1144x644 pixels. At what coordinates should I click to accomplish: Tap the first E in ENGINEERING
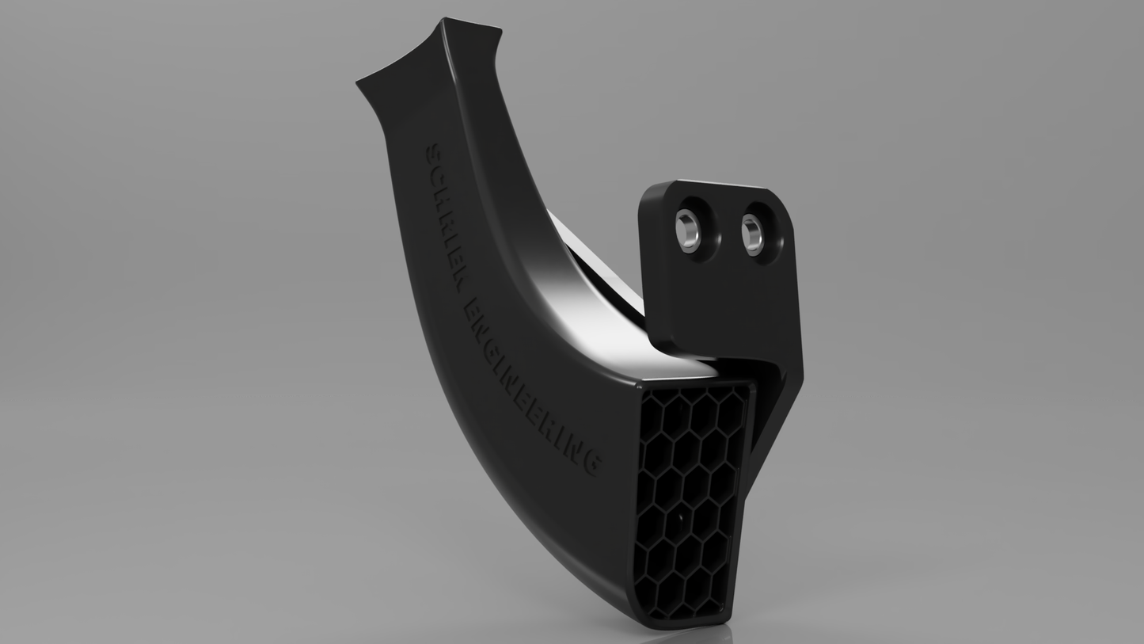tap(475, 310)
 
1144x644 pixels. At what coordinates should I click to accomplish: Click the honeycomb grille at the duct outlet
tap(689, 499)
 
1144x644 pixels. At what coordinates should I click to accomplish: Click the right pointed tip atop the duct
tap(499, 32)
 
